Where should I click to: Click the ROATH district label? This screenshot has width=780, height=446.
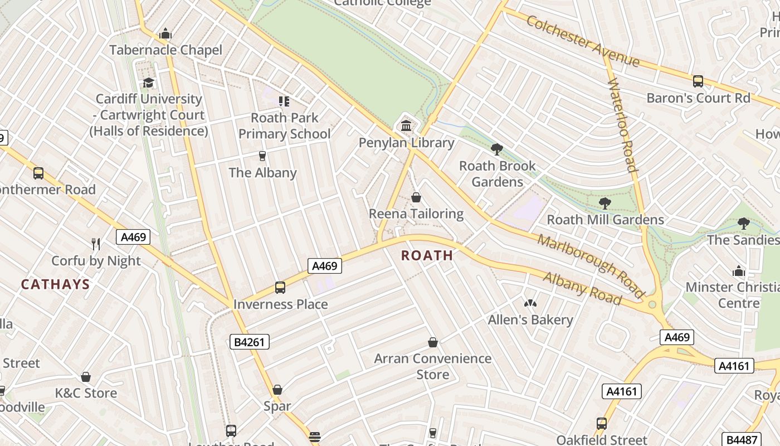427,255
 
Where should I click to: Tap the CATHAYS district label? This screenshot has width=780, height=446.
55,284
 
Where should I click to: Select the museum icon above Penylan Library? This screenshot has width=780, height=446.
406,125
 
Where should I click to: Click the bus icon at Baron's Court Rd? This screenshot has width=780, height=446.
698,81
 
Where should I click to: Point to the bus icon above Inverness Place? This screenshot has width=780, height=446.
280,288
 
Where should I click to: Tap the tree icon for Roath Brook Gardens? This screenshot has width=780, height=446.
497,149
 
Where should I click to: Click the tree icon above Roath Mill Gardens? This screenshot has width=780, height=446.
605,203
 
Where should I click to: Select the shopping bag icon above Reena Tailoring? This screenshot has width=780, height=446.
416,197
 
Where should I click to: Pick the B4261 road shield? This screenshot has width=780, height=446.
250,342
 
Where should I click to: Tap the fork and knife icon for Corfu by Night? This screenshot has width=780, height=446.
96,244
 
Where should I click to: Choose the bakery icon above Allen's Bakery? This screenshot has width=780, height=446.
530,303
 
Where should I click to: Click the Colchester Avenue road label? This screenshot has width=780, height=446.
582,41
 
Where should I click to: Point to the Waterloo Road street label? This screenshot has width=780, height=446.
622,125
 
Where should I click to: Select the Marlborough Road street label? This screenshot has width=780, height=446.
591,266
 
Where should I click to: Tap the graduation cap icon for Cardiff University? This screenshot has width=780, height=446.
148,83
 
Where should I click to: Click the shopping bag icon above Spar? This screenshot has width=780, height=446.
277,390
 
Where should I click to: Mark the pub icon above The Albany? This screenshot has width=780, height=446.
262,156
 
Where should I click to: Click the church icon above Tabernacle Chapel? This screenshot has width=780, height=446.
165,34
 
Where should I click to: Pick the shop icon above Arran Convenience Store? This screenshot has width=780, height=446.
433,342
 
